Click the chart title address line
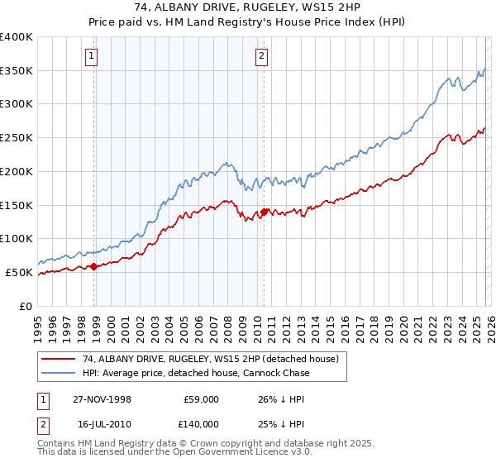248,7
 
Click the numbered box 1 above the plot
90,56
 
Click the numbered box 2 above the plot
261,56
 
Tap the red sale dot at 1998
94,266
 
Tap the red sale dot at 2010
264,212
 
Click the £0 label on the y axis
26,306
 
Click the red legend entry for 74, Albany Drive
210,360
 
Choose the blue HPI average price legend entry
195,374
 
